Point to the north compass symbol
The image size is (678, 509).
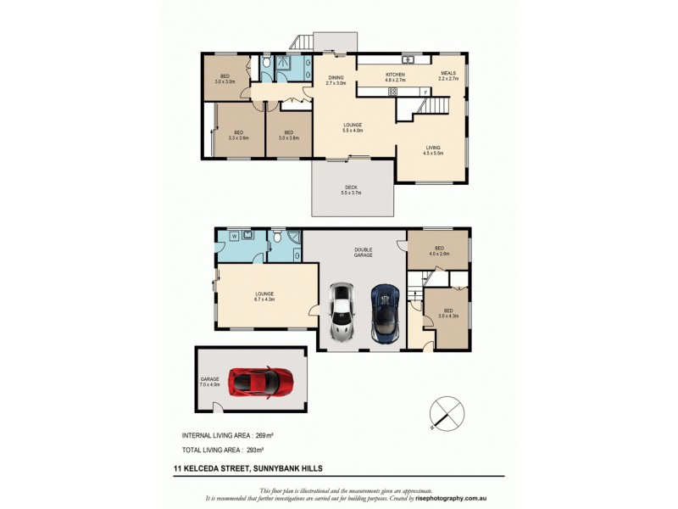point(447,413)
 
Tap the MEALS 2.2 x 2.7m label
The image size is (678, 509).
point(447,76)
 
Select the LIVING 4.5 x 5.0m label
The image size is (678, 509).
point(434,150)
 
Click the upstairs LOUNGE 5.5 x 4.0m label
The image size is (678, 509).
point(352,128)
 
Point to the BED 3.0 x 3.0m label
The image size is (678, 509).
point(225,79)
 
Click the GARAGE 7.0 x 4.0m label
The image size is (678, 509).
point(209,381)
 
